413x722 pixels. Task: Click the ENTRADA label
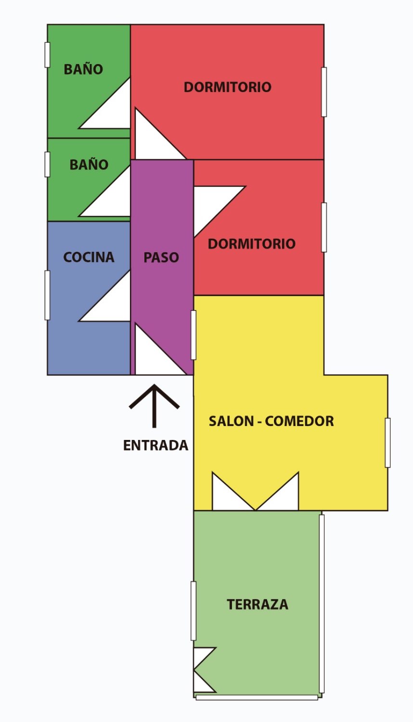click(x=155, y=445)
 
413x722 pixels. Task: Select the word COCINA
click(x=89, y=258)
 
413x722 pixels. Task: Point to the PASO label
click(x=161, y=258)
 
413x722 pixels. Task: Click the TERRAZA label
click(x=258, y=605)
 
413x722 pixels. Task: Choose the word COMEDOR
click(x=299, y=421)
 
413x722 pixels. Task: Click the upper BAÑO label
click(x=83, y=69)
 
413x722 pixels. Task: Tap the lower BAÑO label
click(x=89, y=165)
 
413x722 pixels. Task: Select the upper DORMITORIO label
click(x=228, y=87)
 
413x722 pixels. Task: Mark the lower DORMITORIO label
click(x=252, y=244)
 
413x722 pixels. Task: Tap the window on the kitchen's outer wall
click(x=47, y=295)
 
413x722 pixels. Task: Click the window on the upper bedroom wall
click(x=324, y=92)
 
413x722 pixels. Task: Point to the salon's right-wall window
click(x=387, y=442)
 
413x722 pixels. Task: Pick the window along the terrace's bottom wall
click(x=257, y=697)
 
